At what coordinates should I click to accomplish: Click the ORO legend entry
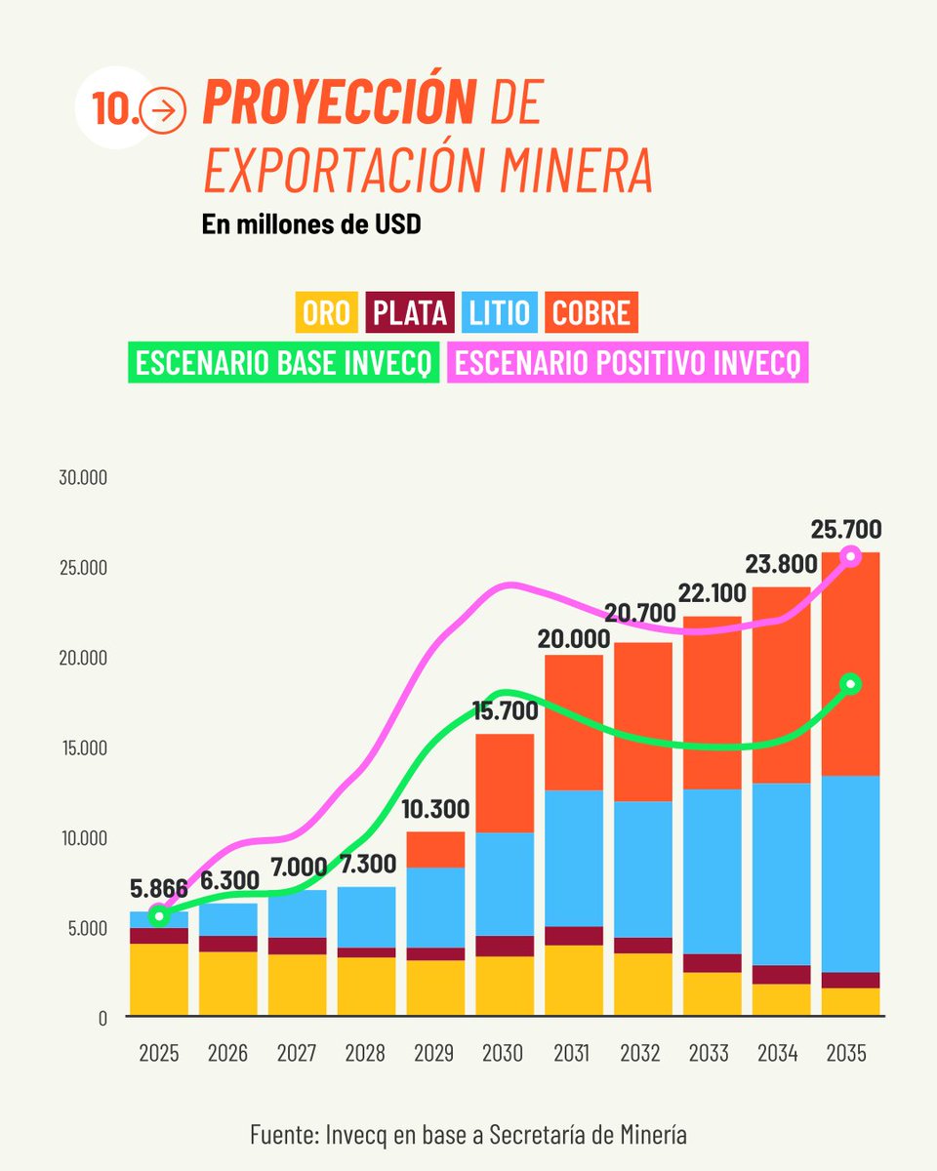327,313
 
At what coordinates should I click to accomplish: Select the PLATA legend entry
411,313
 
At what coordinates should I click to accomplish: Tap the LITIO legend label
499,313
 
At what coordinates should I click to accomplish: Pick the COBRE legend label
591,313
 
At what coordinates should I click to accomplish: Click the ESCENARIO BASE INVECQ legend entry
283,363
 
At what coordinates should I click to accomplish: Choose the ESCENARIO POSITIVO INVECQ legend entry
628,363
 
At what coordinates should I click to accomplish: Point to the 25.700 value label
845,530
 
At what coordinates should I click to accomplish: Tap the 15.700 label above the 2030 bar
506,712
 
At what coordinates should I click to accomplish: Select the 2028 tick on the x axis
365,1054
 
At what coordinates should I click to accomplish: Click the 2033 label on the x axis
710,1054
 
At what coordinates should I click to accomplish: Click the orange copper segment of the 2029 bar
435,849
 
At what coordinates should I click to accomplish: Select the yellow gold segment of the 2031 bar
574,980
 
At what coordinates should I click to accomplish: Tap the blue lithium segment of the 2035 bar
850,873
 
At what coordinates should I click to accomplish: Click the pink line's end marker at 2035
851,555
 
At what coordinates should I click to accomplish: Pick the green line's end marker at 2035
851,683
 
